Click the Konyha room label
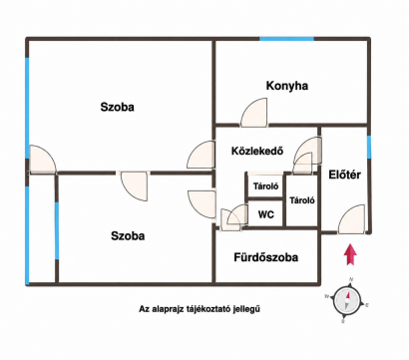(287, 86)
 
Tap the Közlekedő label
(257, 152)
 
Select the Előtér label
(344, 175)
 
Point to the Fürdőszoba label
(266, 257)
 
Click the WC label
(266, 214)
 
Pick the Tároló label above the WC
(265, 186)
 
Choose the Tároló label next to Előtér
(302, 200)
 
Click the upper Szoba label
(118, 107)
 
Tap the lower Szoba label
(128, 236)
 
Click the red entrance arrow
(350, 254)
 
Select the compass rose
(347, 300)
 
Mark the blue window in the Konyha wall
(286, 39)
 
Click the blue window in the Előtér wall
(369, 147)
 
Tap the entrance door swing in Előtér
(351, 219)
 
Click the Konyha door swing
(254, 113)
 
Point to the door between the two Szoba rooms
(134, 186)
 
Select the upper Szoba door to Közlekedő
(201, 155)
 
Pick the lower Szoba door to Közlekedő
(202, 204)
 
